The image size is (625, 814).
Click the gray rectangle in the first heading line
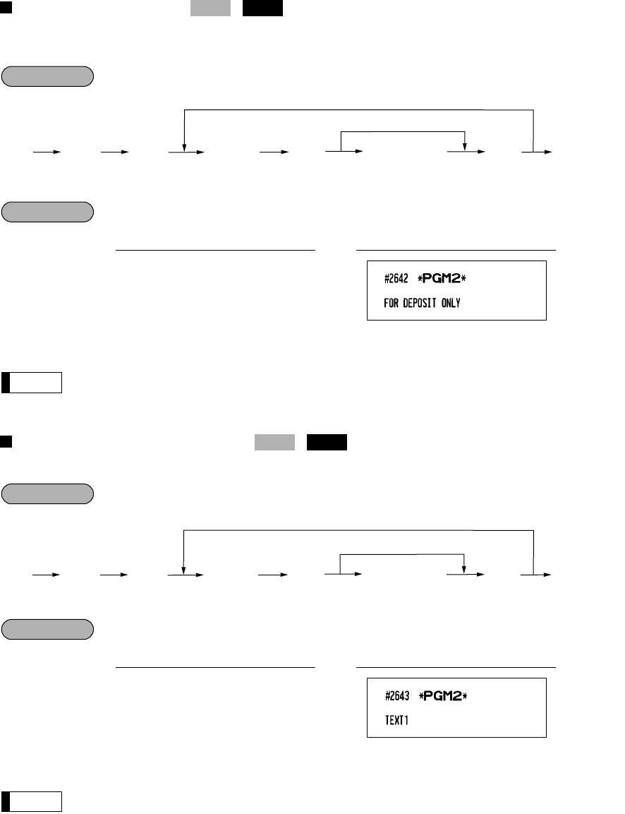click(210, 8)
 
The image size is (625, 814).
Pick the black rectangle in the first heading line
click(263, 8)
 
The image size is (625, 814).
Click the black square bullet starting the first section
click(6, 6)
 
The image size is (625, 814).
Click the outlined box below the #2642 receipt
click(32, 382)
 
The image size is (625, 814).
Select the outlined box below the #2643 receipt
click(32, 801)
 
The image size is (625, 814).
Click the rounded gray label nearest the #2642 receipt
click(47, 212)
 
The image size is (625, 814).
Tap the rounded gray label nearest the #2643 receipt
click(47, 629)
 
